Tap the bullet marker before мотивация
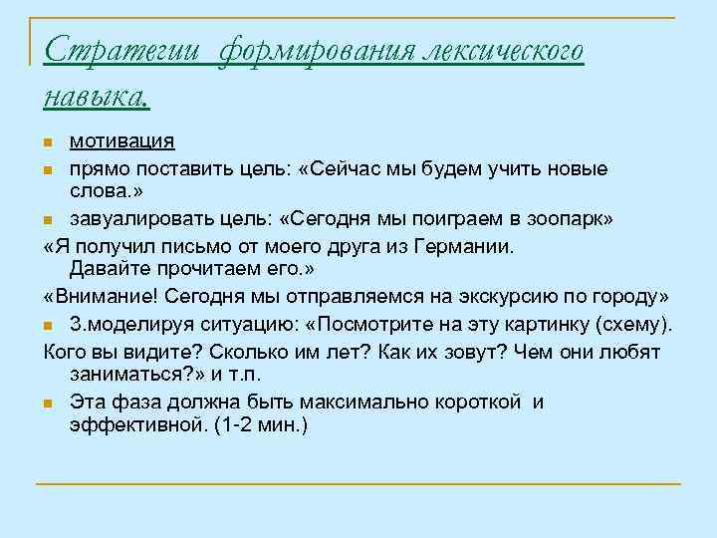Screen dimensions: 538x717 (x=49, y=143)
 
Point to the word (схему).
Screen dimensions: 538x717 (x=638, y=324)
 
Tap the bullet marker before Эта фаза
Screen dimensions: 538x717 (x=49, y=403)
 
